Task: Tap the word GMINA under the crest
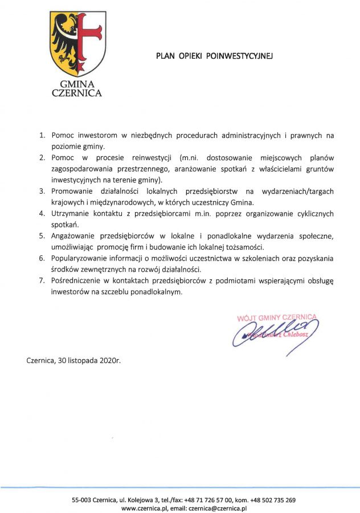[77, 83]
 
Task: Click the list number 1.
[42, 136]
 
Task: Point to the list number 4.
[42, 214]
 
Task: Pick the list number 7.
[42, 280]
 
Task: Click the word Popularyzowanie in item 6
[78, 258]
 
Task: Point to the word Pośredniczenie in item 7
[76, 280]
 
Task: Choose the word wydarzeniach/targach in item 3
[297, 192]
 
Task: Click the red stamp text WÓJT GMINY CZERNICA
[277, 318]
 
